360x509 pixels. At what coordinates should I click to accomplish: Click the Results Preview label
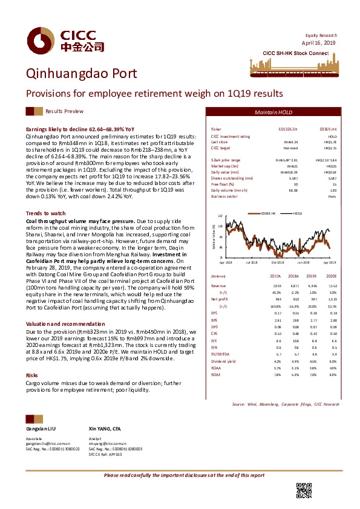[x=64, y=112]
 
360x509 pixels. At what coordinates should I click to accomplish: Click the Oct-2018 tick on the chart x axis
[x=277, y=262]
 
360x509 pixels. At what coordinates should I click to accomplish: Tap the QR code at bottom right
[x=304, y=491]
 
